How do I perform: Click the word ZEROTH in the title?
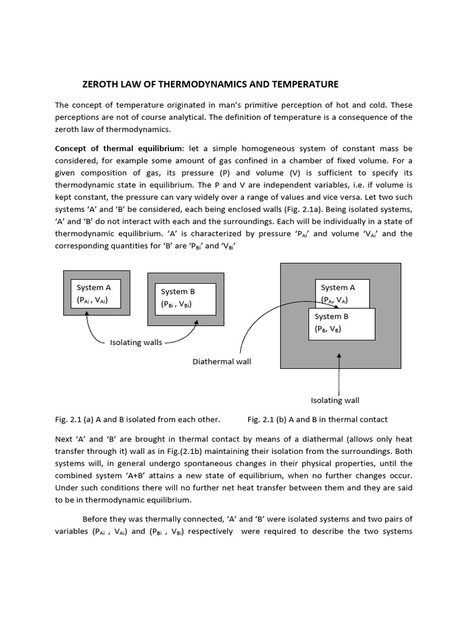(102, 84)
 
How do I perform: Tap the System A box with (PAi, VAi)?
(97, 293)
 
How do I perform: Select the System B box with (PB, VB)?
(342, 323)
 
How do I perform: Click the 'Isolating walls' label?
(136, 343)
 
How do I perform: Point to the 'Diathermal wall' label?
(221, 361)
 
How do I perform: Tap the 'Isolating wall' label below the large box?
(335, 400)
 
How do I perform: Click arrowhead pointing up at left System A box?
(88, 314)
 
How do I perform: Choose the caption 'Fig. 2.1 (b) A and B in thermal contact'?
(317, 420)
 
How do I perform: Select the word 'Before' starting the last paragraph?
(95, 519)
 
